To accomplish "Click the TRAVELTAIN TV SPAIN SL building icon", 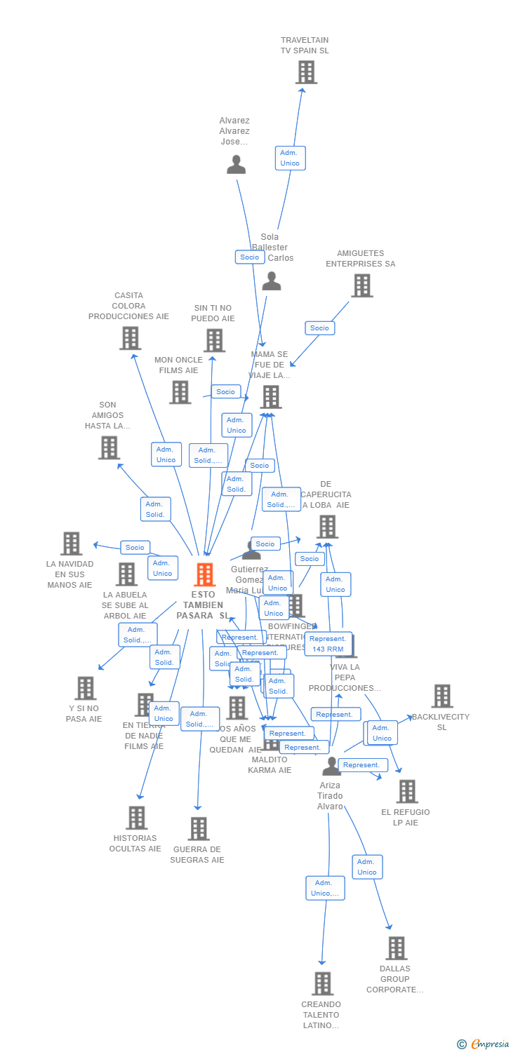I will [306, 72].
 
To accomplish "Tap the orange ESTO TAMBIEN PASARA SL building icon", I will [204, 574].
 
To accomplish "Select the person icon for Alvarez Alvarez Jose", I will [237, 164].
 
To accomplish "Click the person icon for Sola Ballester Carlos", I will [272, 281].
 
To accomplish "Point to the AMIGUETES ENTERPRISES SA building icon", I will [361, 285].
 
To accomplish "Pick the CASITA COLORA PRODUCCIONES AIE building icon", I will [130, 338].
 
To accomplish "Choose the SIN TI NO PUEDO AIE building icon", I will [214, 340].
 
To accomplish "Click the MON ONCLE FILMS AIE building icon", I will [180, 392].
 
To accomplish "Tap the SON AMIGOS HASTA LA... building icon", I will [109, 447].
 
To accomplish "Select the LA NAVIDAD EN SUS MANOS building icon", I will [71, 544].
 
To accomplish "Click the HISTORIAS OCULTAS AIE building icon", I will [137, 817].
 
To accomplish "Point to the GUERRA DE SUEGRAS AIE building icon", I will [199, 828].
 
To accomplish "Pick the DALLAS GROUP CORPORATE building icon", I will [396, 948].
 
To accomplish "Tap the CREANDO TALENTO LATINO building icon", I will [322, 983].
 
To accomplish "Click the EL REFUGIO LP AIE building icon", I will [406, 791].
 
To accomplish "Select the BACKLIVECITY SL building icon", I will [442, 696].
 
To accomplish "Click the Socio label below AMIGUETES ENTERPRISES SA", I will [319, 328].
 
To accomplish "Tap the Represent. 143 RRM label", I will [328, 644].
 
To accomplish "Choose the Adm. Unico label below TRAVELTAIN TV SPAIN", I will [290, 158].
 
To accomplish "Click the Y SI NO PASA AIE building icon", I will [85, 688].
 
